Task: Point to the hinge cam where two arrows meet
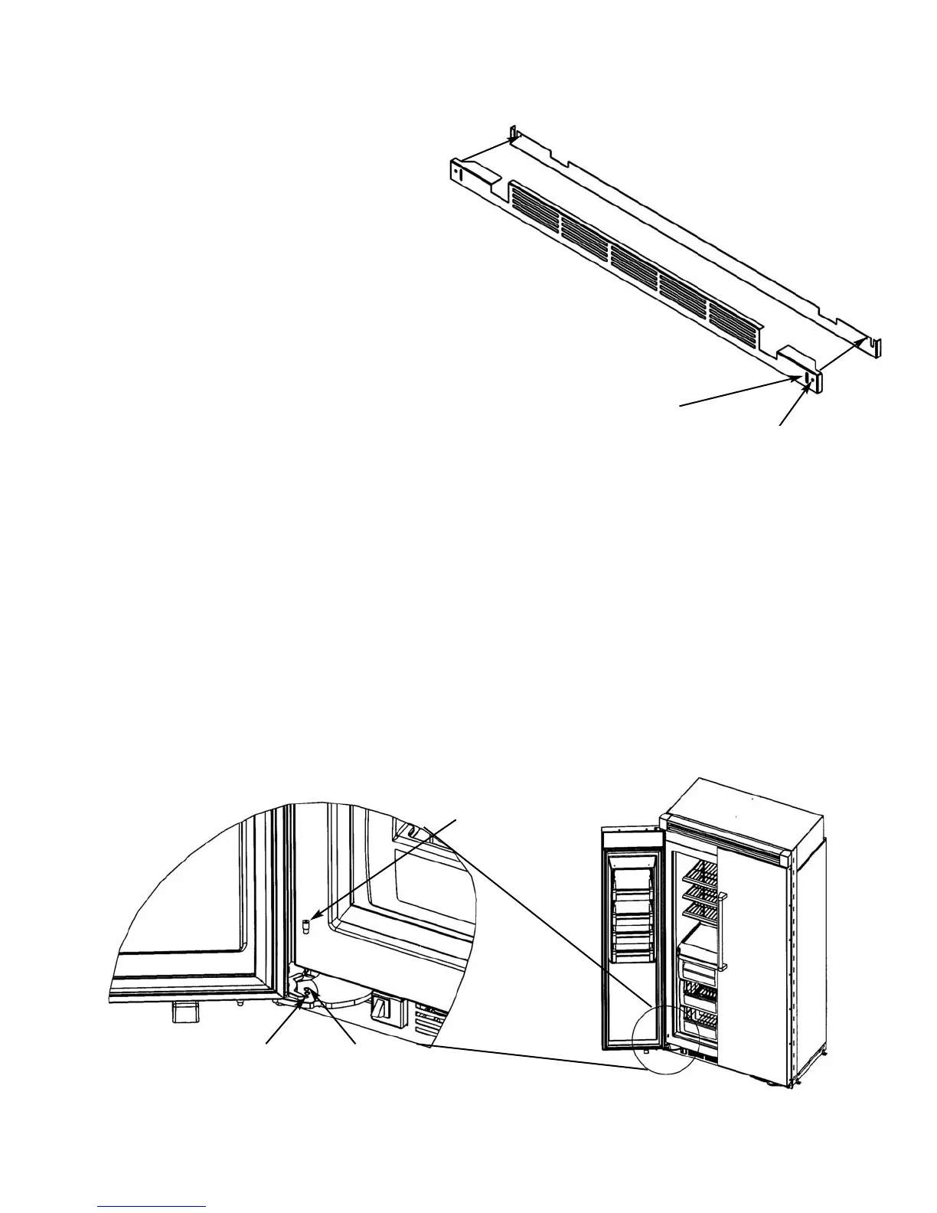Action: tap(309, 993)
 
